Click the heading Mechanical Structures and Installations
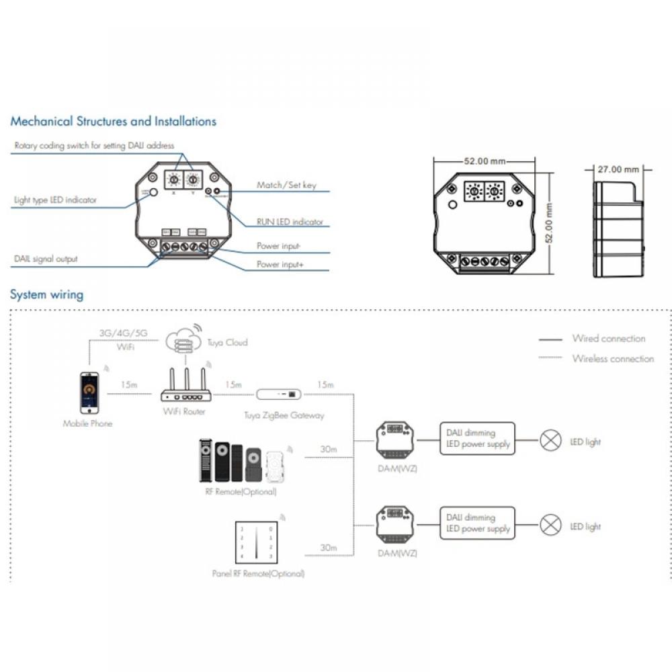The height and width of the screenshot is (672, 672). coord(113,122)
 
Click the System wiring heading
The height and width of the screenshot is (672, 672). coord(46,294)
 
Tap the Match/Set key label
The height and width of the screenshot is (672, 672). coord(286,185)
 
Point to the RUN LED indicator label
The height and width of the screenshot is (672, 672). coord(290,222)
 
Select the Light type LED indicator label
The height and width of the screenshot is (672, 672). coord(55,200)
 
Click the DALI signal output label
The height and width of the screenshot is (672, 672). coord(46,259)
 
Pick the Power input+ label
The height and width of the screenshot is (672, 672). coord(280,265)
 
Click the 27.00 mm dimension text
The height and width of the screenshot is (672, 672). coord(618,169)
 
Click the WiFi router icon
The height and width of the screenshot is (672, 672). coord(185,388)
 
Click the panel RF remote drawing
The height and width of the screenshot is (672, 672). coord(254,542)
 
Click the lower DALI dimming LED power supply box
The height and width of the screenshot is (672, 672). coord(477,523)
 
